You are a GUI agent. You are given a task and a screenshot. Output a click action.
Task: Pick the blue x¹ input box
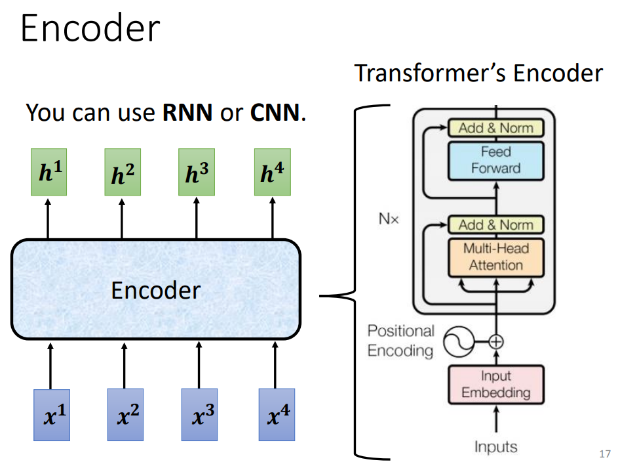(51, 414)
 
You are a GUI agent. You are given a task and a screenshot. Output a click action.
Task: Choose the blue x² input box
(125, 414)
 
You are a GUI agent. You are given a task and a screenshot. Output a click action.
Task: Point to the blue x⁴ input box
(277, 414)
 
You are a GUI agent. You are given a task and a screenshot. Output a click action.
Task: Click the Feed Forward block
(495, 160)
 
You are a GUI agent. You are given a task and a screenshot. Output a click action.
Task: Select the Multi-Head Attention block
(495, 257)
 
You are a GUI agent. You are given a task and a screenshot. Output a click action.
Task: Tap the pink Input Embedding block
(495, 385)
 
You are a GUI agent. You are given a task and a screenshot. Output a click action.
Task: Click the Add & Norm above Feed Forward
(495, 128)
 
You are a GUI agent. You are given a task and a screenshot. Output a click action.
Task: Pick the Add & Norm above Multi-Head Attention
(495, 224)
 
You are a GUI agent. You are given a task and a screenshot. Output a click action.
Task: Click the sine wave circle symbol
(458, 341)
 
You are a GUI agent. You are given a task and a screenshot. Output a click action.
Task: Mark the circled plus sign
(496, 341)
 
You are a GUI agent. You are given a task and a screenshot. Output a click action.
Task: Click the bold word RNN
(187, 113)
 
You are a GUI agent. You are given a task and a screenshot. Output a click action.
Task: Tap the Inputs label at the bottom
(495, 447)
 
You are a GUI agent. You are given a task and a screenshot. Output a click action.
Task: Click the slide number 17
(605, 454)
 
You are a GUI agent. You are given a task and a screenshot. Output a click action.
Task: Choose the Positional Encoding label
(400, 341)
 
